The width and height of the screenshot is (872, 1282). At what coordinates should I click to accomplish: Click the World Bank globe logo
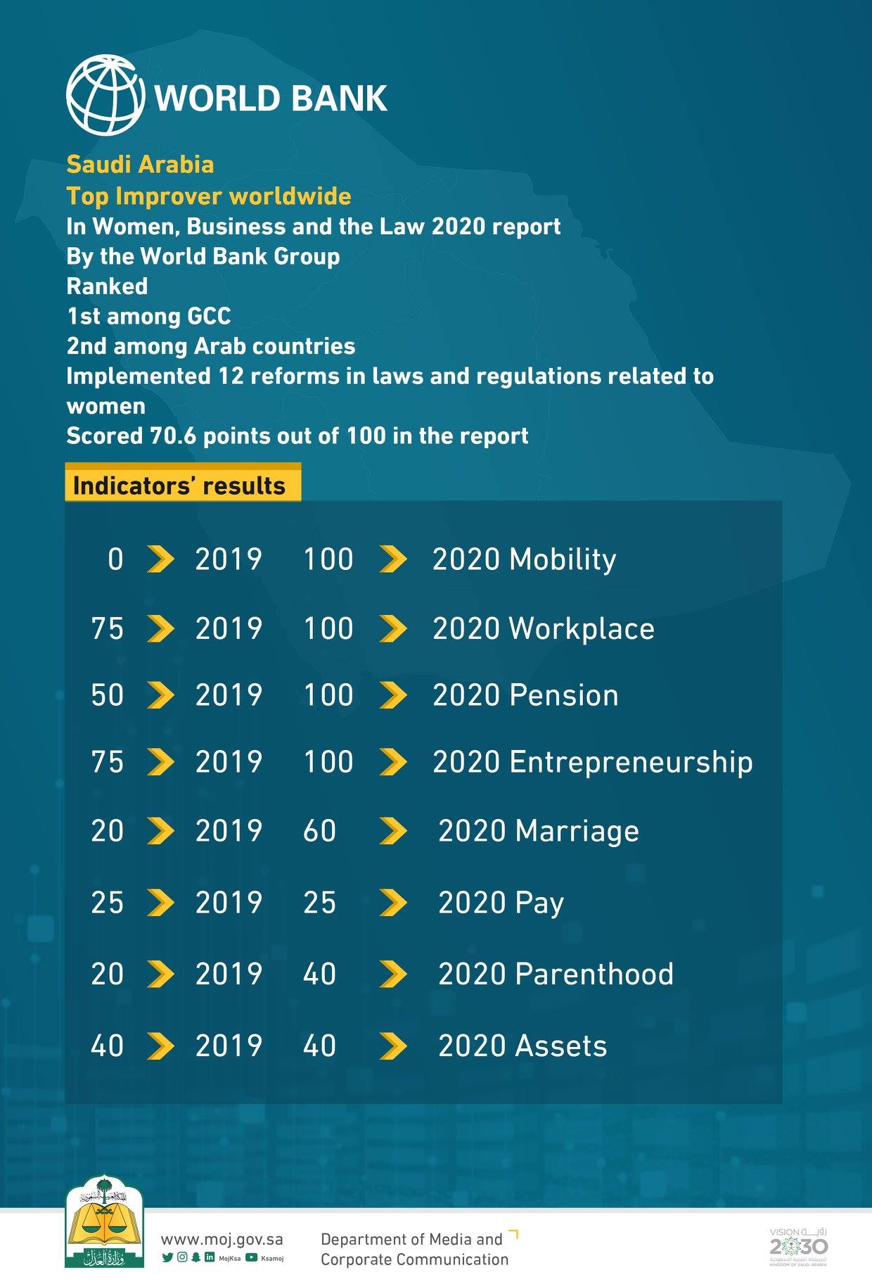pyautogui.click(x=105, y=95)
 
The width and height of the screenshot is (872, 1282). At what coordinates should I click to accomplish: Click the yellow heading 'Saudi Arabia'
pyautogui.click(x=140, y=165)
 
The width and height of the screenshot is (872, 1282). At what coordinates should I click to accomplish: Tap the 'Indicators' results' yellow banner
pyautogui.click(x=183, y=483)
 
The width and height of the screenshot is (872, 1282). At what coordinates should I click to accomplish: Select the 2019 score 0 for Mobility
pyautogui.click(x=115, y=559)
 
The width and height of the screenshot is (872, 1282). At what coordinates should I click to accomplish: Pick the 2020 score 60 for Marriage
pyautogui.click(x=319, y=831)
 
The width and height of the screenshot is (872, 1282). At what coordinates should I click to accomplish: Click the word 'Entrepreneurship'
pyautogui.click(x=631, y=763)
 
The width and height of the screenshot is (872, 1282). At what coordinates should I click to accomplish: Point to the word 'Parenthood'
pyautogui.click(x=594, y=975)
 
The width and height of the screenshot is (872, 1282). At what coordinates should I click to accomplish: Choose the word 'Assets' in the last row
pyautogui.click(x=560, y=1046)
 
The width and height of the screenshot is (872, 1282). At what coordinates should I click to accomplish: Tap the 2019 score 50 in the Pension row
pyautogui.click(x=107, y=695)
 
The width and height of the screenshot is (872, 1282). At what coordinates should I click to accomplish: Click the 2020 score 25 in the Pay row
pyautogui.click(x=319, y=903)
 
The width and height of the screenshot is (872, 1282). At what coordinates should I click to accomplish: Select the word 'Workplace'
pyautogui.click(x=582, y=629)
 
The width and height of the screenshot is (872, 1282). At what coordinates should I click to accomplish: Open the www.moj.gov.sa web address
pyautogui.click(x=222, y=1240)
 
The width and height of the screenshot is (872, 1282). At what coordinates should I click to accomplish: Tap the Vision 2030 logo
pyautogui.click(x=798, y=1247)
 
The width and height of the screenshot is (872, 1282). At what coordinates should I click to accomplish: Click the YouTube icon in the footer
pyautogui.click(x=251, y=1257)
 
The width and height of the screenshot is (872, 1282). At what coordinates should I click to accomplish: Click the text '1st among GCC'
pyautogui.click(x=148, y=317)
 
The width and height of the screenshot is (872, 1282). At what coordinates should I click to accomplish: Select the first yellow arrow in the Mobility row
pyautogui.click(x=160, y=559)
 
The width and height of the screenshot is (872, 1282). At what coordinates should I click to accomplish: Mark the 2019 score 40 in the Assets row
pyautogui.click(x=107, y=1046)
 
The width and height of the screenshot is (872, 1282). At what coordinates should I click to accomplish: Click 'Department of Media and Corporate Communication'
pyautogui.click(x=414, y=1249)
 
